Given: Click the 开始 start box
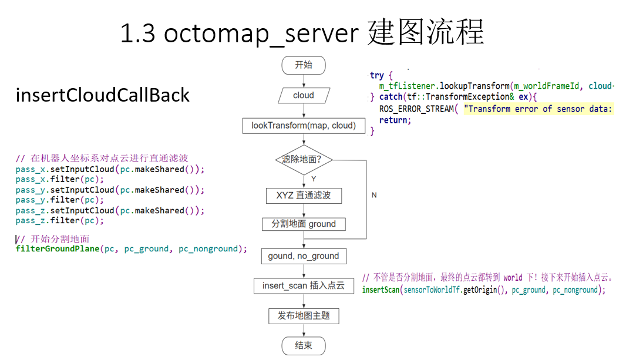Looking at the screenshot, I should pos(304,65).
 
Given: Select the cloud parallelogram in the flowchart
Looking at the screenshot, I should pos(304,95).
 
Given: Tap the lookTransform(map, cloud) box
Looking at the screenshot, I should pos(304,126).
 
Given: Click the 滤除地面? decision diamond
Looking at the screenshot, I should pos(304,160).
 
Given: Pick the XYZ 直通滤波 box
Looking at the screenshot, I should pos(304,195).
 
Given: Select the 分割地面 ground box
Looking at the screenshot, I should pos(304,224).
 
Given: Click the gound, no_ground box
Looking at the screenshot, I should pos(304,256).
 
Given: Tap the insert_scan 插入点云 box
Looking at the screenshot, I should pos(304,286).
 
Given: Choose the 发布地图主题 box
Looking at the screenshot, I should pos(304,316).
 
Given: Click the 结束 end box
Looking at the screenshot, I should pos(304,345).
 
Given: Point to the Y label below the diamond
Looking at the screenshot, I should pos(314,178).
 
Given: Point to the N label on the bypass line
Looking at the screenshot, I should pos(374,195).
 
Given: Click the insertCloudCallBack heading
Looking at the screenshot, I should pos(103,95).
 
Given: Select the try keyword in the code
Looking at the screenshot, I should pos(377,75).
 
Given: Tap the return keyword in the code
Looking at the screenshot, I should pos(393,120).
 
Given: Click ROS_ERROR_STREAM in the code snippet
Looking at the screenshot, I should pos(416,109).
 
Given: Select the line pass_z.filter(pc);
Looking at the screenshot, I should pos(59,221).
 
